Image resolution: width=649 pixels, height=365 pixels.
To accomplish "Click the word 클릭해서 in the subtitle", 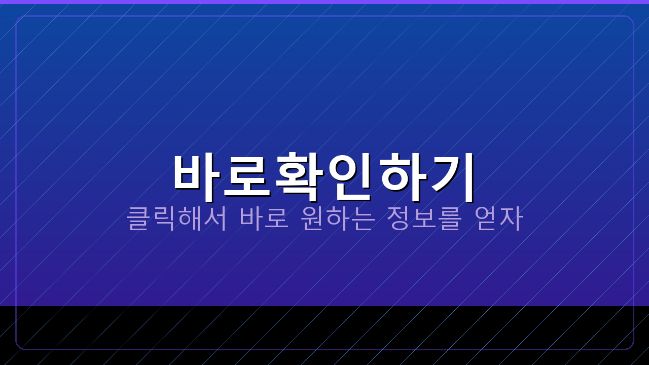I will (x=177, y=218).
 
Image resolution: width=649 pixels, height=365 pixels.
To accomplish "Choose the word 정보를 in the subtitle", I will (x=423, y=218).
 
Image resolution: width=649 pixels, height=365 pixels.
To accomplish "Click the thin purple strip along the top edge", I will (x=324, y=2).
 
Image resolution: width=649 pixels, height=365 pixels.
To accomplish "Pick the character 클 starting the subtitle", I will (x=138, y=218).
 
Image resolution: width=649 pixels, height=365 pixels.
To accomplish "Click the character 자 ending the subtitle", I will (x=511, y=218).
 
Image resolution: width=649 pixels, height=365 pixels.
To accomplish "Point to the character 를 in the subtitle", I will (x=449, y=218).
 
